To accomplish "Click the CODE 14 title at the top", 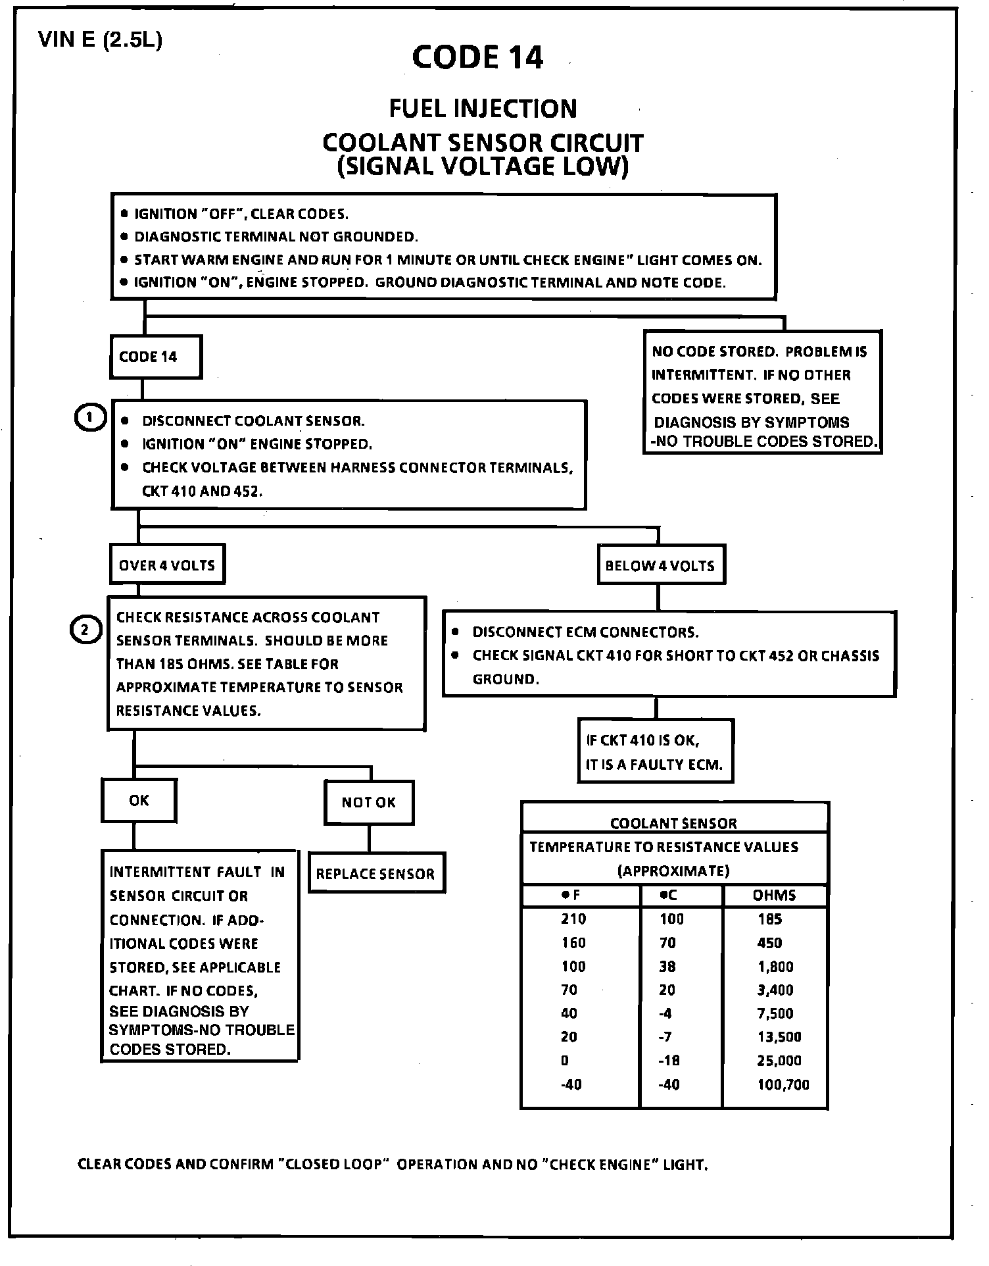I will tap(478, 57).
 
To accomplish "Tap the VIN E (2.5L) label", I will tap(100, 40).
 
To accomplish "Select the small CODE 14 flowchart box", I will tap(155, 357).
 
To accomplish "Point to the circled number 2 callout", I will tap(85, 630).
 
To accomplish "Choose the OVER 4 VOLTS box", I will tap(167, 565).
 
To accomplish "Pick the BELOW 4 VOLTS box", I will tap(660, 565).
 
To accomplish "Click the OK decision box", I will tap(139, 801).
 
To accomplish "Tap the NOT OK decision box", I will tap(368, 802).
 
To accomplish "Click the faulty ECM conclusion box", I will tap(655, 751).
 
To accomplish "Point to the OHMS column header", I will tap(774, 896).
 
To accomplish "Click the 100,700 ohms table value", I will tap(783, 1084).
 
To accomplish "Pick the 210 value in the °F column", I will tap(573, 919).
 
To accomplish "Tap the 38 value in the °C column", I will tap(668, 967).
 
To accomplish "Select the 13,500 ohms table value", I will tap(779, 1037).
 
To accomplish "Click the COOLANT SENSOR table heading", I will tap(673, 823).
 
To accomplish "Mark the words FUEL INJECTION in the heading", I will tap(483, 109).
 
